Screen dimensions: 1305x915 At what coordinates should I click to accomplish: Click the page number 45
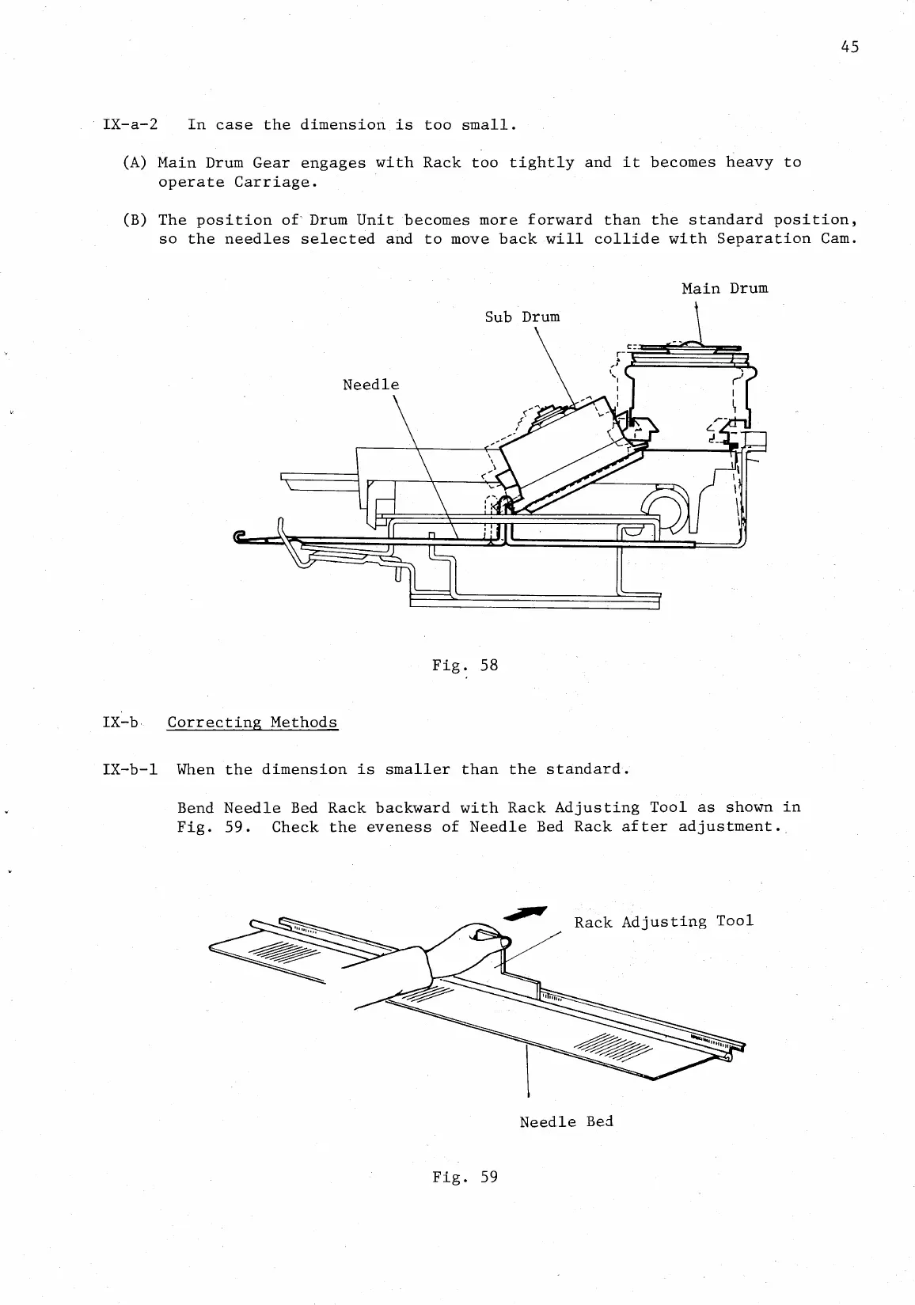tap(849, 47)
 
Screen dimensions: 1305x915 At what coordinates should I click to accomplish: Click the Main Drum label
tap(724, 288)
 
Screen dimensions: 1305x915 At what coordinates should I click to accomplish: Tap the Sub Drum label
tap(522, 317)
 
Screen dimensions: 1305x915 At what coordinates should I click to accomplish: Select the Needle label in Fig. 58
tap(370, 385)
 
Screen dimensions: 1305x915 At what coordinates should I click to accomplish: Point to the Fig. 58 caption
tap(465, 665)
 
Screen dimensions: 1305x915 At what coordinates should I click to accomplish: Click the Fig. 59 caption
tap(465, 1177)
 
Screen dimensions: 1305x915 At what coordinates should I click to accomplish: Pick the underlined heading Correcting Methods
tap(252, 723)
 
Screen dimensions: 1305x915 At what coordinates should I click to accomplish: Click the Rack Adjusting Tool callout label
tap(663, 922)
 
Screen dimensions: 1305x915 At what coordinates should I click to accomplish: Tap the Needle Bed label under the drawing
tap(566, 1121)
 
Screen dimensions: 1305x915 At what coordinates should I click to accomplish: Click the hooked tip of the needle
tap(241, 537)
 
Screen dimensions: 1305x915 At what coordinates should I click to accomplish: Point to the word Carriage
tap(271, 182)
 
